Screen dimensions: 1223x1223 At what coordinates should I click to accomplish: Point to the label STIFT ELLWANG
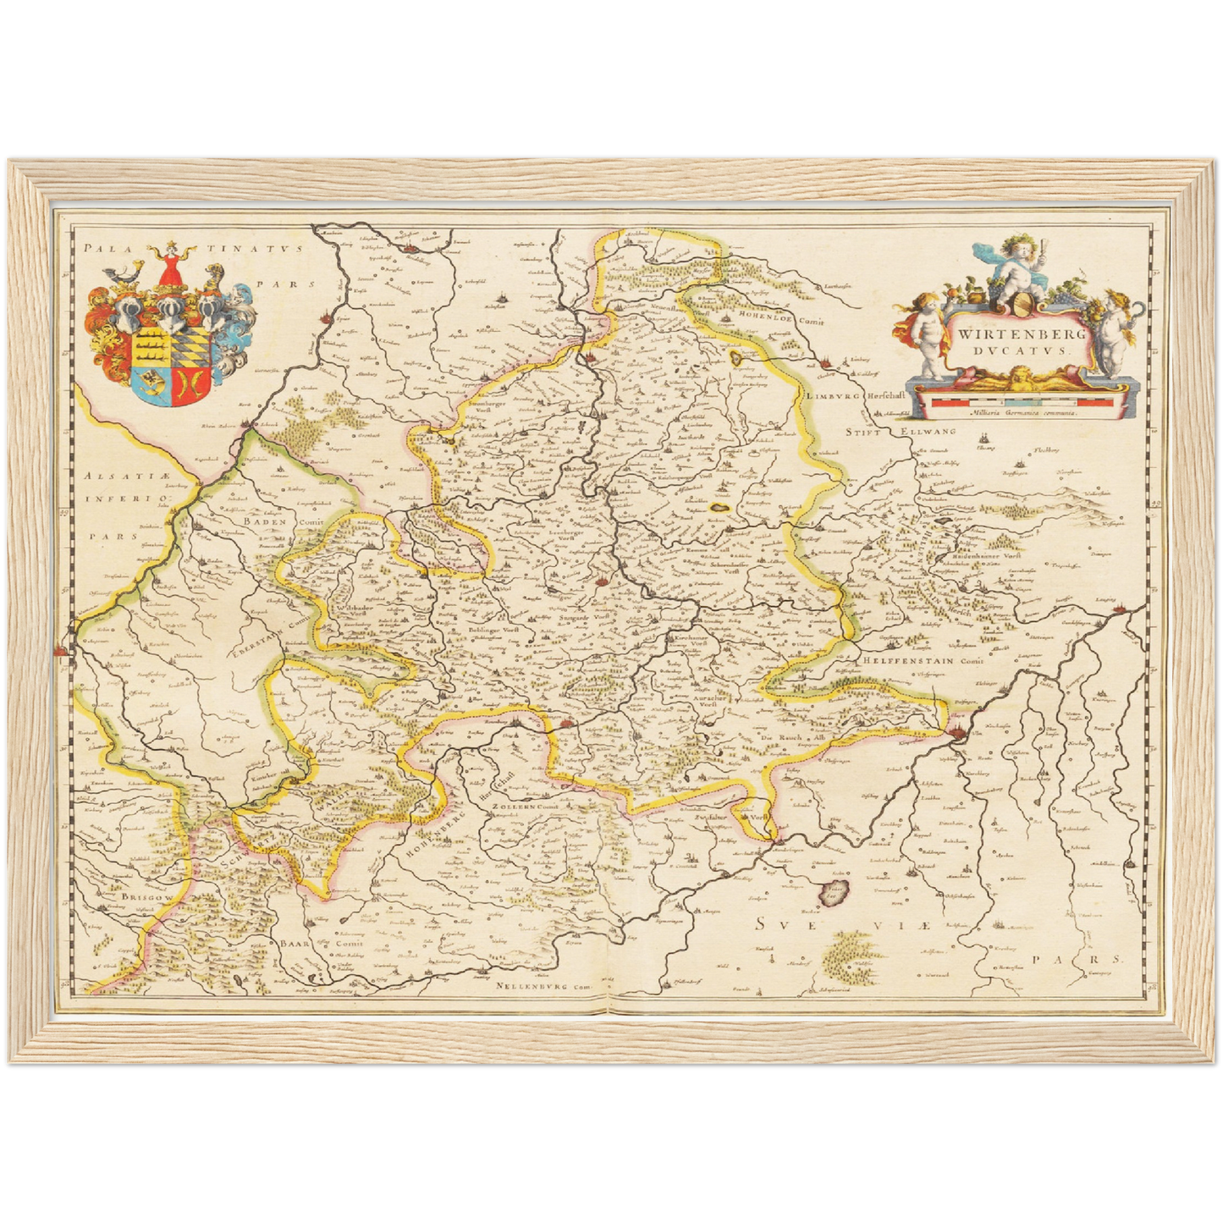coord(902,432)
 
